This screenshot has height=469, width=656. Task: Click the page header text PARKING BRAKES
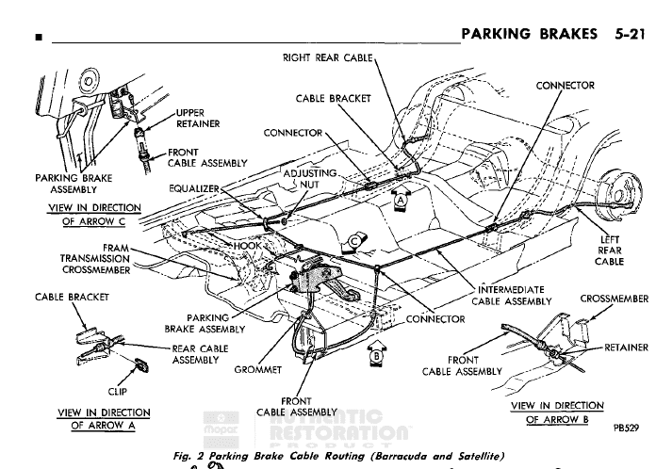[522, 35]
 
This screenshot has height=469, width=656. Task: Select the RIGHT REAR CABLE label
[329, 58]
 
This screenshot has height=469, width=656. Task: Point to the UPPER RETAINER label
[198, 118]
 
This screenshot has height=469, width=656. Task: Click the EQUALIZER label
[194, 188]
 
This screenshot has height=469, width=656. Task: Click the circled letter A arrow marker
[402, 201]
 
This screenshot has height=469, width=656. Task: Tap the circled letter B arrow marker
[374, 357]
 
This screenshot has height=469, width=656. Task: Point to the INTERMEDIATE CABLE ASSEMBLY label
[512, 295]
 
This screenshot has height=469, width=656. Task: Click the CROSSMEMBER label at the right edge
[614, 299]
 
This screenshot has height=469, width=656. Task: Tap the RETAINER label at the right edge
[626, 348]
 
